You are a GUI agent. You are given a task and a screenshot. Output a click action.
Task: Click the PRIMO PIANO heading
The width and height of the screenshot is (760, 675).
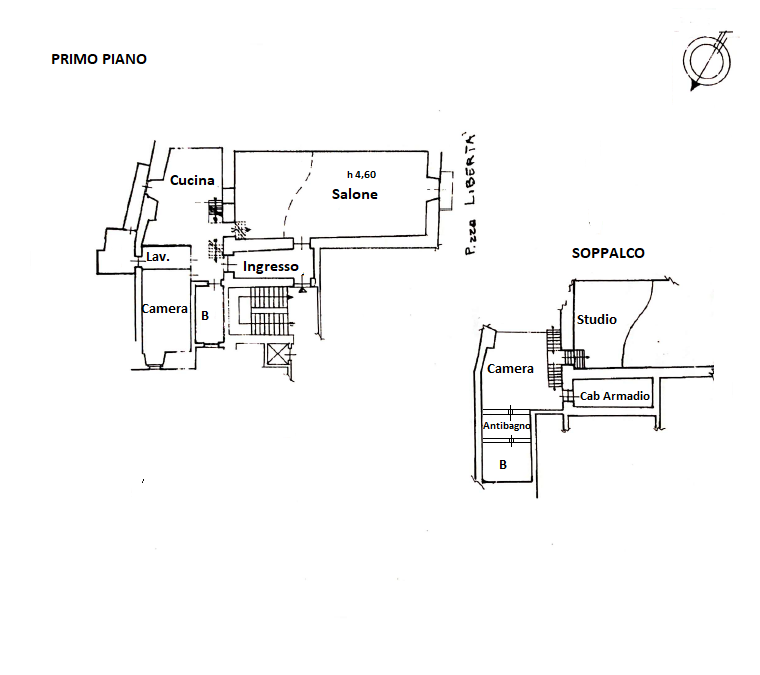[99, 59]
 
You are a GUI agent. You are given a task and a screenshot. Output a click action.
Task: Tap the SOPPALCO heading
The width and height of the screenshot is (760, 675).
[608, 254]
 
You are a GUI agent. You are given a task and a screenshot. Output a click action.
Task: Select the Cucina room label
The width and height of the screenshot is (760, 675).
[192, 181]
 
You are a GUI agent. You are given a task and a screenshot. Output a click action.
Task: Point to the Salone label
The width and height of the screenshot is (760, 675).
[355, 194]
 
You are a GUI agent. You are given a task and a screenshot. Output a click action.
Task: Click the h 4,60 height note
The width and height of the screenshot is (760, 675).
[361, 175]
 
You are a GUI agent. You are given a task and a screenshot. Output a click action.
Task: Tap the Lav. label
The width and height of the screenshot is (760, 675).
[158, 257]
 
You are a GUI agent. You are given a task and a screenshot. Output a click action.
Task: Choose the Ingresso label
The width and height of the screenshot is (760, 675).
[270, 267]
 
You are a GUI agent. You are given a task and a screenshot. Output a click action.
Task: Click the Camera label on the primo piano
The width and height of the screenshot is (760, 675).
[164, 309]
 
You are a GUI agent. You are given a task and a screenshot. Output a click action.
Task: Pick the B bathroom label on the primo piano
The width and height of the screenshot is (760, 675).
[205, 315]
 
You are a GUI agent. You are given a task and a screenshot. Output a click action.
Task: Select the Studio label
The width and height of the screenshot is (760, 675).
[597, 319]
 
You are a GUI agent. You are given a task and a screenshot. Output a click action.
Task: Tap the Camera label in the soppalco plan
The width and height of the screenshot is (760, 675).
[510, 369]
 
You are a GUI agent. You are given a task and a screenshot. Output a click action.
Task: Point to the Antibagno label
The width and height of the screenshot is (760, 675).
[506, 426]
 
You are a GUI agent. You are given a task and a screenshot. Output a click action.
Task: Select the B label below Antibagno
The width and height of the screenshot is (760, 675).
[503, 465]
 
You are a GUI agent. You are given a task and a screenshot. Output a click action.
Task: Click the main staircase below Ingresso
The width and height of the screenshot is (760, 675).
[266, 311]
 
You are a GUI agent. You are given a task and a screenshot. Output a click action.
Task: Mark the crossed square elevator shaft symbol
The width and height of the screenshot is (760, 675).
[276, 352]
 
